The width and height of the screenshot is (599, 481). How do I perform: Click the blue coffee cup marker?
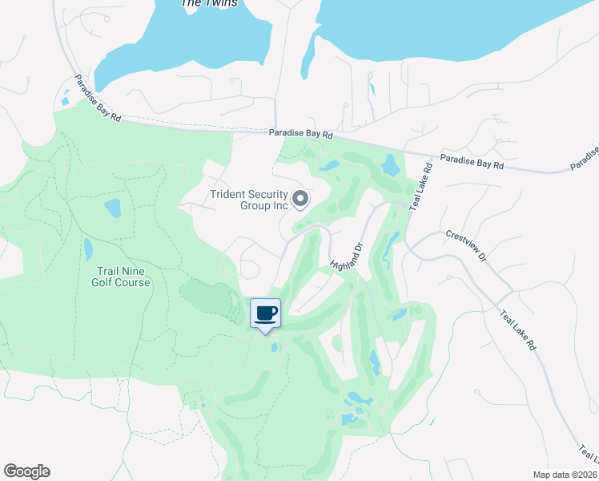265,313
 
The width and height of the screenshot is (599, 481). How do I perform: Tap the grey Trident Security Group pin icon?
300,198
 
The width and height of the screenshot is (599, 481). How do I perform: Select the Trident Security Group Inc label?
247,199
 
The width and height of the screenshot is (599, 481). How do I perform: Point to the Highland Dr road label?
347,256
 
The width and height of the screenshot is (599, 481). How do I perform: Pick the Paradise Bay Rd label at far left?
98,98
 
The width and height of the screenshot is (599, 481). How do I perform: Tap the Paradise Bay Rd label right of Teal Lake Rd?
472,163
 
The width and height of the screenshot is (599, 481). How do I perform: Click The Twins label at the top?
209,3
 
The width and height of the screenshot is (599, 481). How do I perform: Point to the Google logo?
26,471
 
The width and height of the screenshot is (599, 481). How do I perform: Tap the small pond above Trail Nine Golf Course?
112,208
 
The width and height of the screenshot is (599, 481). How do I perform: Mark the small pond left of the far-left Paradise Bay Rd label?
64,101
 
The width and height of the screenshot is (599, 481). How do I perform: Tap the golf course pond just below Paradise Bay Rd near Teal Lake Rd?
390,166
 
